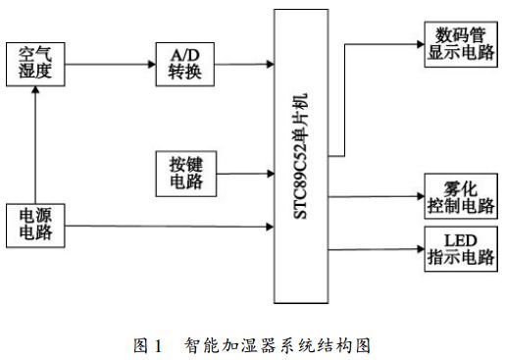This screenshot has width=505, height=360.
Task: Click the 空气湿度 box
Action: tap(35, 63)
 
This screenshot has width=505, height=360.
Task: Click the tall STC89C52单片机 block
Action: tap(302, 157)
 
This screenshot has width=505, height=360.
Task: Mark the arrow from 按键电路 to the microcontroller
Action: tap(245, 174)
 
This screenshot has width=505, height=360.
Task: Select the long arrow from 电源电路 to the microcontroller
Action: tap(167, 228)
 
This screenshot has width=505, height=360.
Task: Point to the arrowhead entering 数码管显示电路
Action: tap(415, 44)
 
